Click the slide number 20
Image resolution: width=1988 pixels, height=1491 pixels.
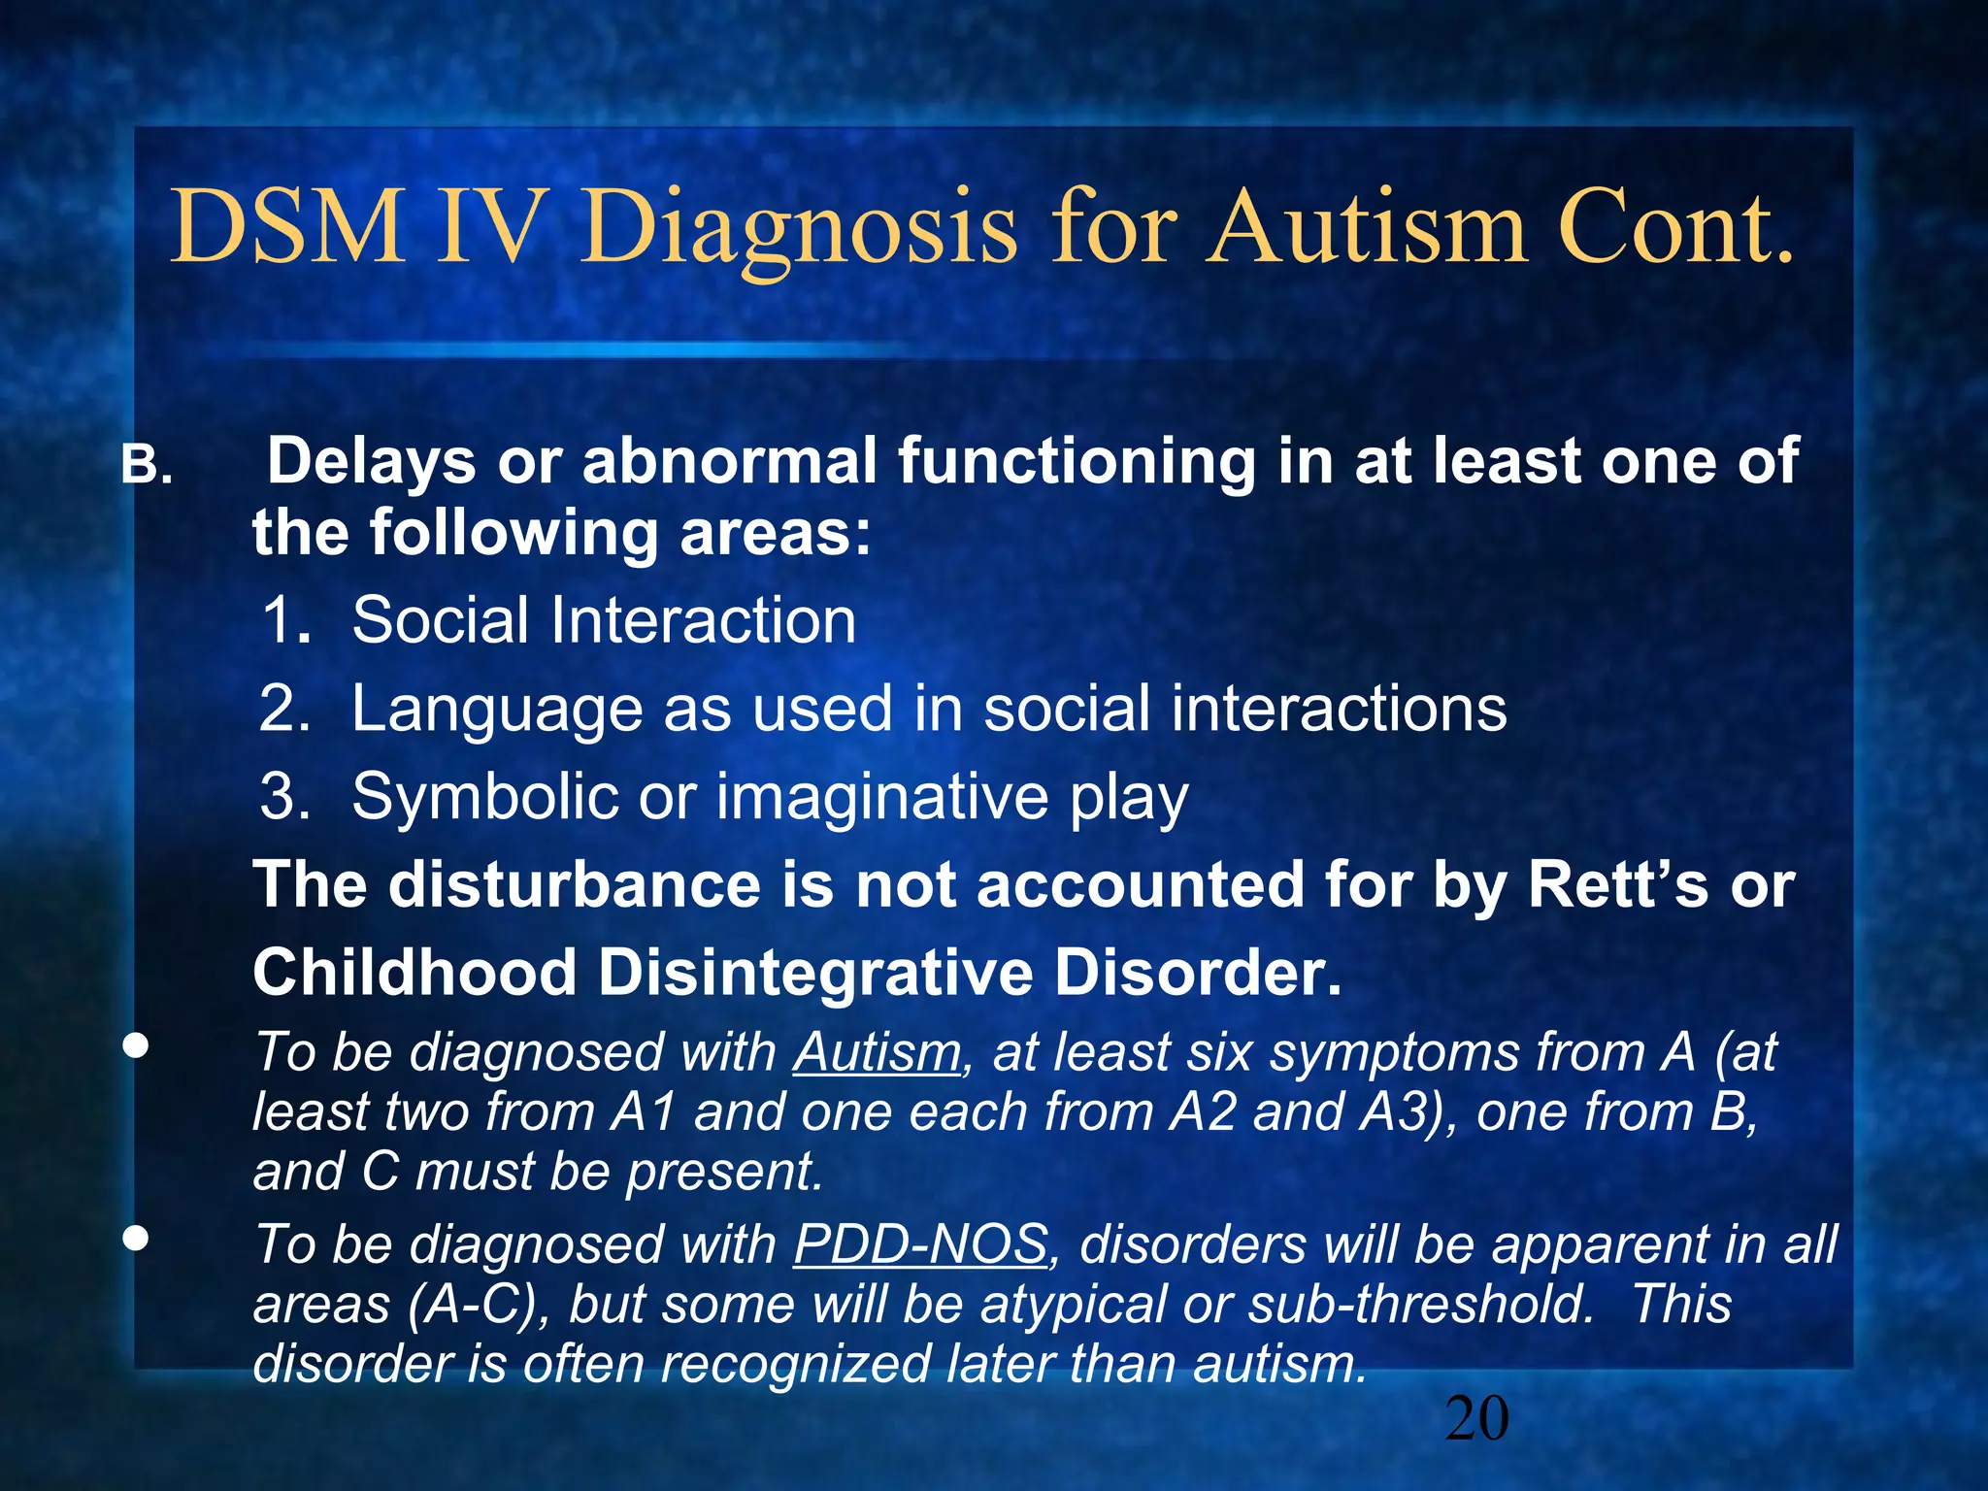[x=1476, y=1418]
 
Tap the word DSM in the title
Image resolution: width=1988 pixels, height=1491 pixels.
[x=287, y=227]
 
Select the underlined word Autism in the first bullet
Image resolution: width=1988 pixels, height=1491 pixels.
[x=877, y=1052]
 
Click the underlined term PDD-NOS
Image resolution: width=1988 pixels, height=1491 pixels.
[x=920, y=1244]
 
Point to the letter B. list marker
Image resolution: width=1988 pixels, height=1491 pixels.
[x=147, y=466]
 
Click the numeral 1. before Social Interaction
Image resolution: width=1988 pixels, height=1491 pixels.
[x=286, y=620]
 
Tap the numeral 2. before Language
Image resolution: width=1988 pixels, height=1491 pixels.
[x=284, y=709]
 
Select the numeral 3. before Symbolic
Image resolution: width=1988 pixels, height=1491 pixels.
[x=285, y=797]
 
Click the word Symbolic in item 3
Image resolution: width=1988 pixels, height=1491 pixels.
[x=484, y=798]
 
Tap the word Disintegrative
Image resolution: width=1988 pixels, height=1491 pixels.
[x=814, y=973]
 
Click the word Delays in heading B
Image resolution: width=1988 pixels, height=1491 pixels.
[x=371, y=462]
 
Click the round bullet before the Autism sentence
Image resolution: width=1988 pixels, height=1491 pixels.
[x=136, y=1046]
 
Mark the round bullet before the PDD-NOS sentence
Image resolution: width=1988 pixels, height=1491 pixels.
[x=136, y=1239]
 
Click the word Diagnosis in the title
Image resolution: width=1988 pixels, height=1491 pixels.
[x=798, y=229]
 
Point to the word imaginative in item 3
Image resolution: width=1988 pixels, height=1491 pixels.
[x=882, y=798]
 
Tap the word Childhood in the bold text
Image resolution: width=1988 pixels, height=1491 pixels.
[x=414, y=973]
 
